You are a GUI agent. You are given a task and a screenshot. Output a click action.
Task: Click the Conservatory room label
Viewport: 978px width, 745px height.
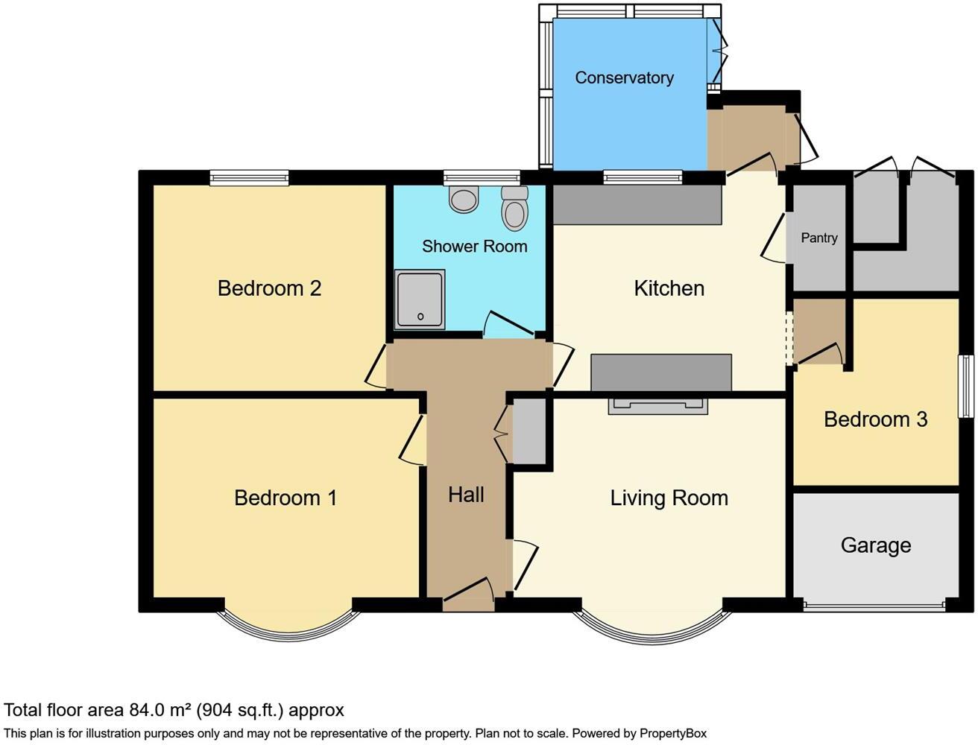click(x=624, y=77)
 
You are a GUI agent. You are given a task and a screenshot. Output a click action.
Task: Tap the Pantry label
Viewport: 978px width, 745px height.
click(x=818, y=238)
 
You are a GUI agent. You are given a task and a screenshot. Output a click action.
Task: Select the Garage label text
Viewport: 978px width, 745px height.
click(x=875, y=545)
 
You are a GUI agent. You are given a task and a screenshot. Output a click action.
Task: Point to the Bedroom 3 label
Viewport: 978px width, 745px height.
click(x=875, y=419)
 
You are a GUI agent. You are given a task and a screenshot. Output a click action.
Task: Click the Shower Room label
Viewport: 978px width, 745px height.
click(x=474, y=247)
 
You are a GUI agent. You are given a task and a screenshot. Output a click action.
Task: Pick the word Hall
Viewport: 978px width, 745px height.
click(x=466, y=495)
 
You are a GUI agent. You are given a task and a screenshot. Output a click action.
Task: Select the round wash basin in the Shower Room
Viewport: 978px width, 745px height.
click(x=464, y=200)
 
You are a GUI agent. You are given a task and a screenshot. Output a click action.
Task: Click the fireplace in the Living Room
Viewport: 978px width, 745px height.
click(x=657, y=405)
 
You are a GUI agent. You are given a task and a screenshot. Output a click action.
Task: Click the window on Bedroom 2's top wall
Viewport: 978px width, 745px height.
click(x=249, y=177)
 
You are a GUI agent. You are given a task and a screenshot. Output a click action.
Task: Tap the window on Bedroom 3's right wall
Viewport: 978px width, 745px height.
click(x=966, y=387)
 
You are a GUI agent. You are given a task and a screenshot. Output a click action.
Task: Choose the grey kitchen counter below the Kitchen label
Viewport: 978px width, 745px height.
click(x=660, y=372)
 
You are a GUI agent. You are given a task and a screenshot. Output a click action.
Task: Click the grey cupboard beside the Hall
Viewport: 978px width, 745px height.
click(x=529, y=431)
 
